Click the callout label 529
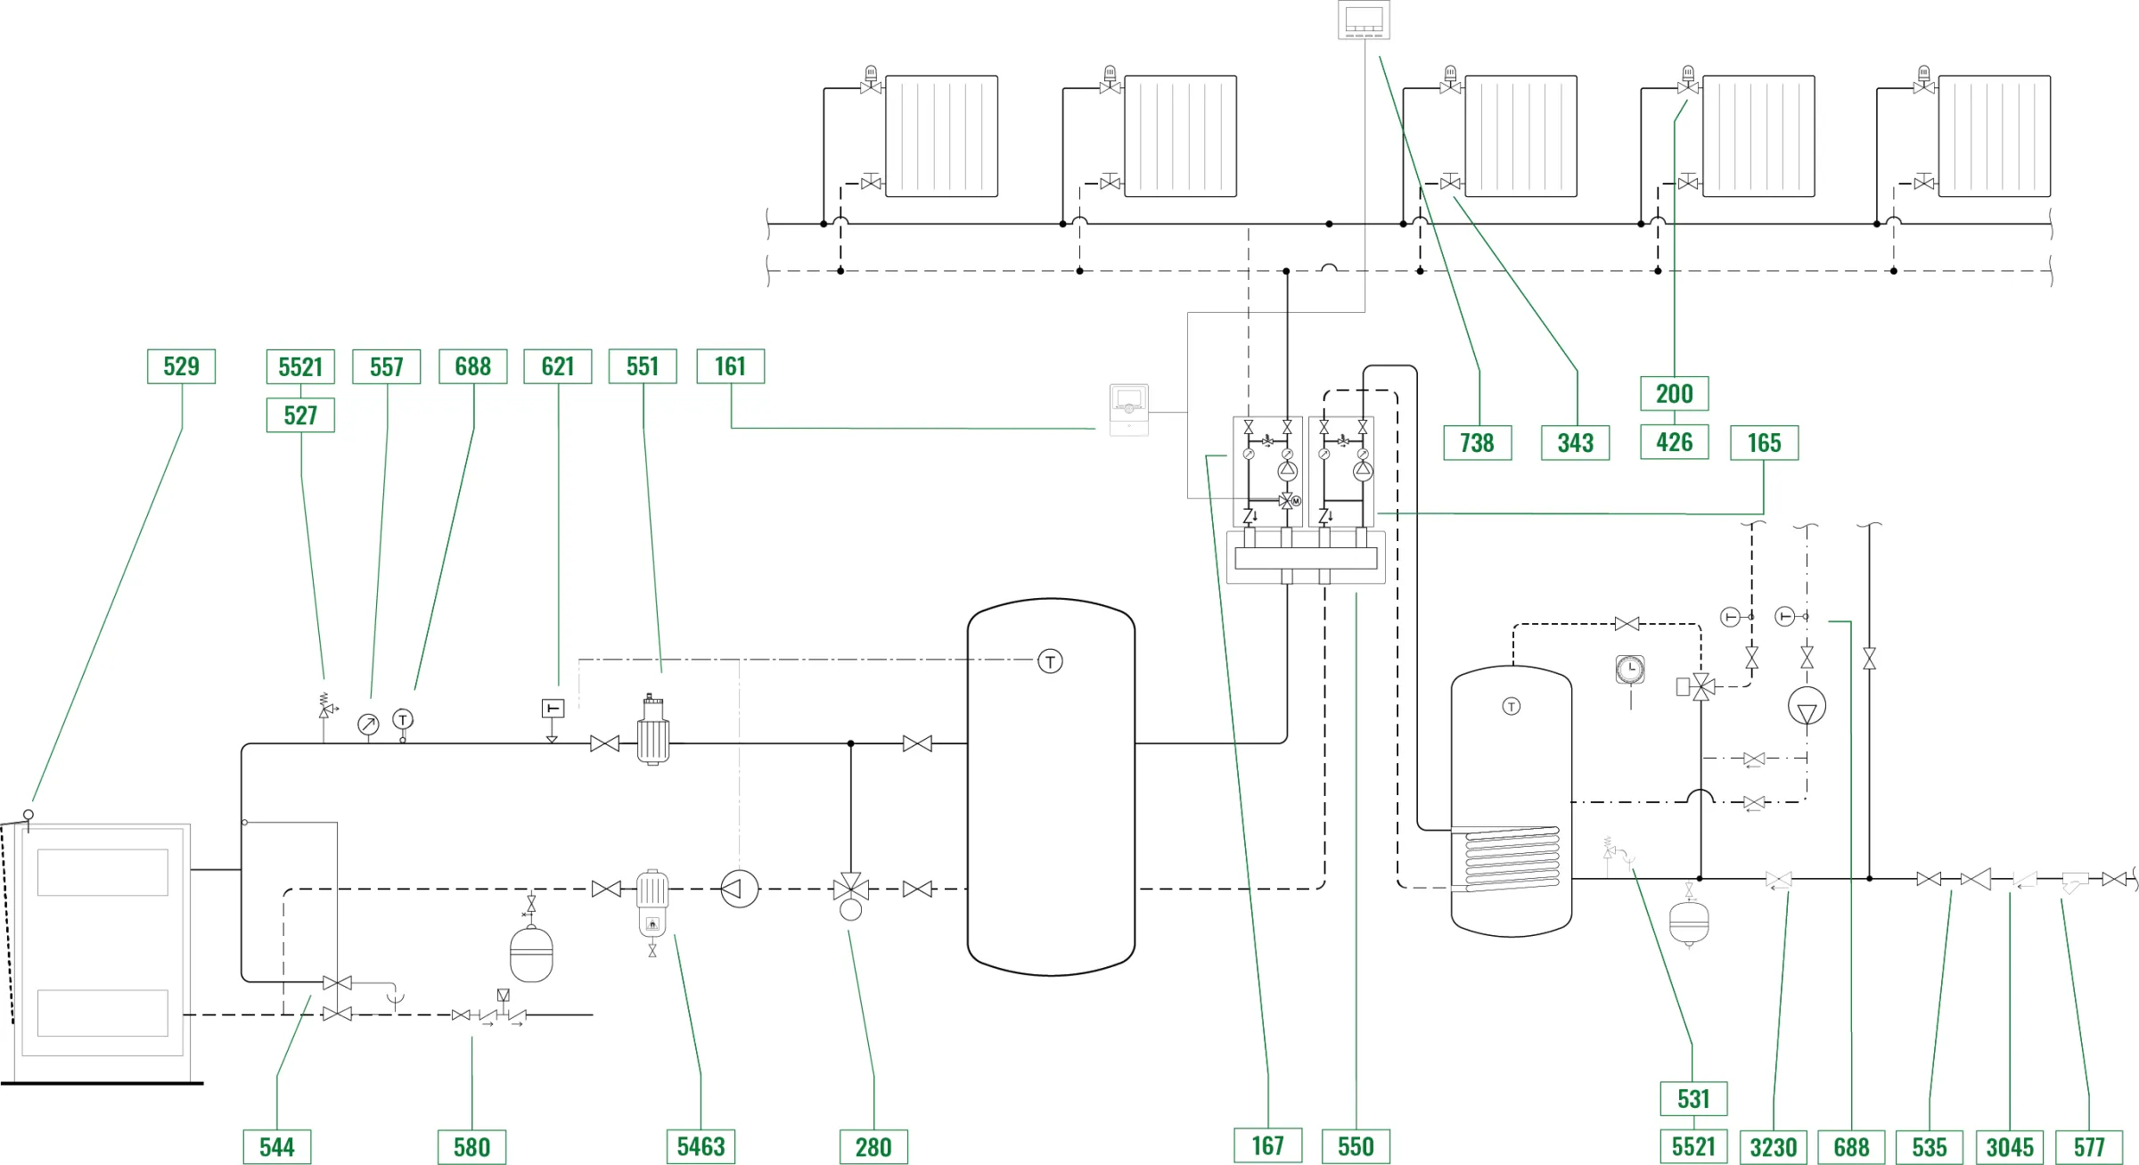tap(181, 366)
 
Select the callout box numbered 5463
tap(701, 1146)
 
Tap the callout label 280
tap(873, 1146)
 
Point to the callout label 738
tap(1477, 443)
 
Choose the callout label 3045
tap(2010, 1146)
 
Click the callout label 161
tap(730, 366)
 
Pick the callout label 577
tap(2088, 1146)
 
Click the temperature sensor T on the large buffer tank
tap(1050, 661)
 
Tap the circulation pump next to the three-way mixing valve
tap(739, 889)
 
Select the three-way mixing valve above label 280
tap(850, 889)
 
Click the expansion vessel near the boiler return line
tap(531, 954)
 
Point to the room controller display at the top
tap(1364, 20)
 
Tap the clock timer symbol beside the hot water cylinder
tap(1629, 669)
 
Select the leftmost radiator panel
tap(941, 135)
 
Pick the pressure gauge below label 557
tap(368, 724)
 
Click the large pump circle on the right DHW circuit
tap(1807, 707)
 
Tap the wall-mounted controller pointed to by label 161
tap(1128, 410)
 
